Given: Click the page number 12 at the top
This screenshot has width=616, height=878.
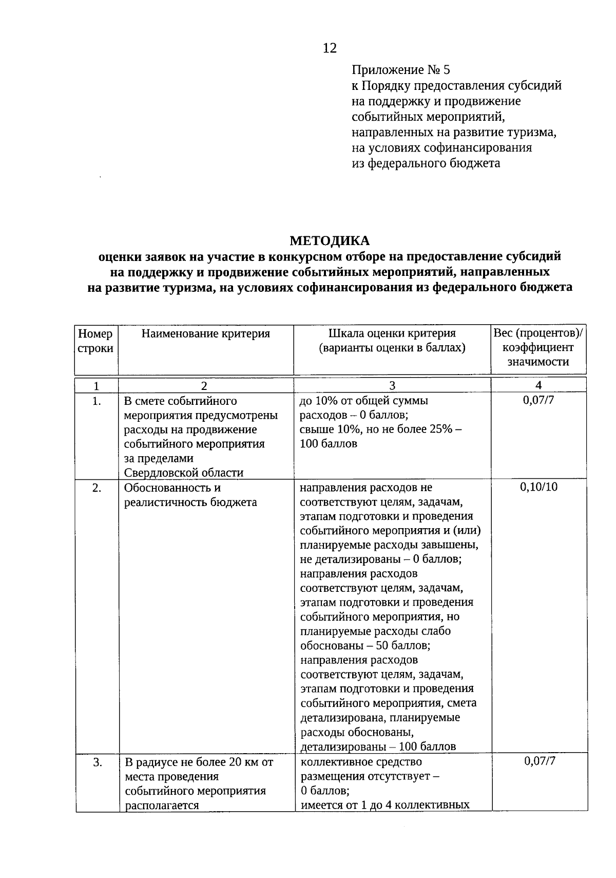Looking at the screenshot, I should [x=330, y=48].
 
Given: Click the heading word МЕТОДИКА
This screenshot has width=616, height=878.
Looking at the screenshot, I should [x=330, y=240].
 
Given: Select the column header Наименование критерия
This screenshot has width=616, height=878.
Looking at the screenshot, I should [x=205, y=334].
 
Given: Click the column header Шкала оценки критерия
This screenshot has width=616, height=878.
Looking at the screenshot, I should [x=392, y=334].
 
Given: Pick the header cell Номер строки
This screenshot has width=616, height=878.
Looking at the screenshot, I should [x=96, y=341].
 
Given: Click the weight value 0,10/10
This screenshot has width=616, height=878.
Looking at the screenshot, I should [x=538, y=487].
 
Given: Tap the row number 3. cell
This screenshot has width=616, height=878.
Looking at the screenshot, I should [x=97, y=762].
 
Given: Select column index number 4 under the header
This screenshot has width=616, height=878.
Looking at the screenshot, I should [x=538, y=385].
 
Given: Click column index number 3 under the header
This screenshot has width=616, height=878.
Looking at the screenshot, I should [x=392, y=385].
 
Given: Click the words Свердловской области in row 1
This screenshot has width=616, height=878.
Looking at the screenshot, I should [x=184, y=473].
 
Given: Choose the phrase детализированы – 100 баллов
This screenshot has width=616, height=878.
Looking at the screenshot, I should [x=378, y=746].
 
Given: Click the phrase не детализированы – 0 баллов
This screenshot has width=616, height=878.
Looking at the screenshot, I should [x=380, y=559].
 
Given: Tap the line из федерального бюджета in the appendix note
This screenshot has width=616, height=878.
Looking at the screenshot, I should [x=426, y=164].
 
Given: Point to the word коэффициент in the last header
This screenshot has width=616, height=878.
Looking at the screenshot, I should [x=538, y=348].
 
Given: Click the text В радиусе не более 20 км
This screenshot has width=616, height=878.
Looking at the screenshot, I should [x=198, y=762].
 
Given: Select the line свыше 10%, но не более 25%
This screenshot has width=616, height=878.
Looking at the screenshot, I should [x=380, y=429].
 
